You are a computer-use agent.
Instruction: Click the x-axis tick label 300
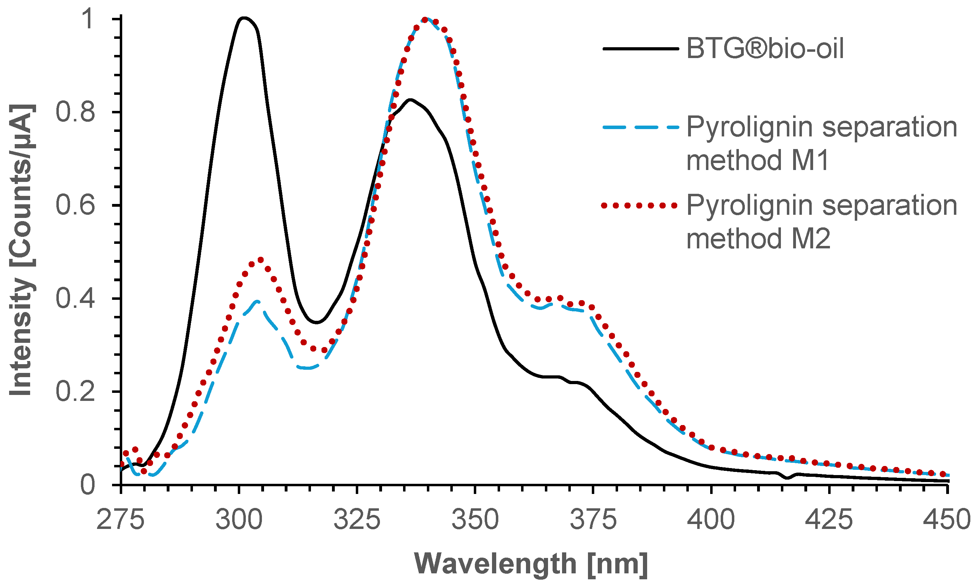pos(239,519)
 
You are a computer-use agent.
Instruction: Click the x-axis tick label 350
pos(475,519)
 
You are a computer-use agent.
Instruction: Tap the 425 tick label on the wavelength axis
pos(829,519)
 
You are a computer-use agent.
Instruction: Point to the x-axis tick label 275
pos(121,519)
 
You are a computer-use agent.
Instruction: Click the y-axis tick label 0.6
pos(75,205)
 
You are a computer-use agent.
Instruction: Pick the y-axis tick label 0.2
pos(75,391)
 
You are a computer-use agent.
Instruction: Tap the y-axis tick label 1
pos(88,19)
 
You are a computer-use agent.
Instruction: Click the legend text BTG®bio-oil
pos(765,49)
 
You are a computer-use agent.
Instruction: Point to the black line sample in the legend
pos(640,49)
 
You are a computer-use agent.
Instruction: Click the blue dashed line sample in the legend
pos(640,127)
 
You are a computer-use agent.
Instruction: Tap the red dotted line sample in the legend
pos(640,205)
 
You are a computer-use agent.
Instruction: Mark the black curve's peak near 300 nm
pos(244,18)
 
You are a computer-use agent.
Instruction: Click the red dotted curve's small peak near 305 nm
pos(260,260)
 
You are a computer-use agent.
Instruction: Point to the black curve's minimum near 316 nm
pos(316,323)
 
